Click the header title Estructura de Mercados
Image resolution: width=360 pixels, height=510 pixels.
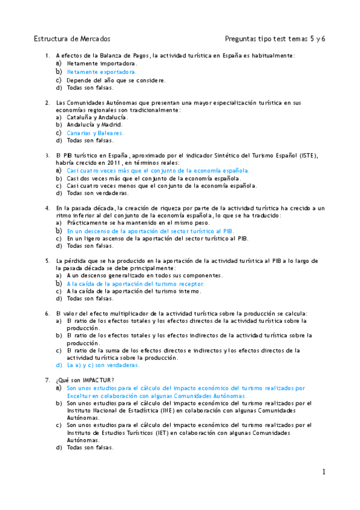point(72,38)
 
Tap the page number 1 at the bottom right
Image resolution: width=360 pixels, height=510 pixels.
point(323,472)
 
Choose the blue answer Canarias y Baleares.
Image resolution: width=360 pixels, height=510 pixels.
point(95,133)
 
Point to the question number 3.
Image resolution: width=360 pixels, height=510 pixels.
point(47,155)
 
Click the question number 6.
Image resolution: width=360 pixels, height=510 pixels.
point(47,313)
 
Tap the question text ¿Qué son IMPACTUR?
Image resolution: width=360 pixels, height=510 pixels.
point(85,380)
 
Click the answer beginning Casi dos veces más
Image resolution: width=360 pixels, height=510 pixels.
point(154,178)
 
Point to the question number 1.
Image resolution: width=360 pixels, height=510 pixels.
point(47,55)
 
